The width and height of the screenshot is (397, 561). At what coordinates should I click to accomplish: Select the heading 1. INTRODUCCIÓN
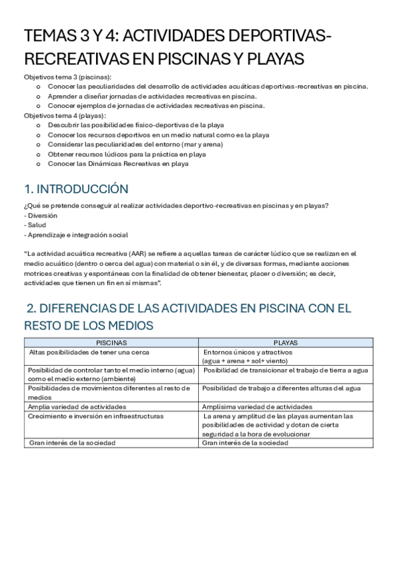76,189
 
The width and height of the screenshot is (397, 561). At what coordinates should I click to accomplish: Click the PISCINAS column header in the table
111,343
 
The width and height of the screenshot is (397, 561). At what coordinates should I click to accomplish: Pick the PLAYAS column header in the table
285,343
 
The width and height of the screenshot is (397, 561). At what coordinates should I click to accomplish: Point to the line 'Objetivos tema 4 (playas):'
65,115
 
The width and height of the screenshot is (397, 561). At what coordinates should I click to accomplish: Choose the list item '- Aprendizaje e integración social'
76,235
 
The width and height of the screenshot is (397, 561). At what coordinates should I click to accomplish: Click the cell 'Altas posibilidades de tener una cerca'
89,352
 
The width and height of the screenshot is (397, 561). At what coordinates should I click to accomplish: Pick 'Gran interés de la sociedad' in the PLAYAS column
245,443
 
